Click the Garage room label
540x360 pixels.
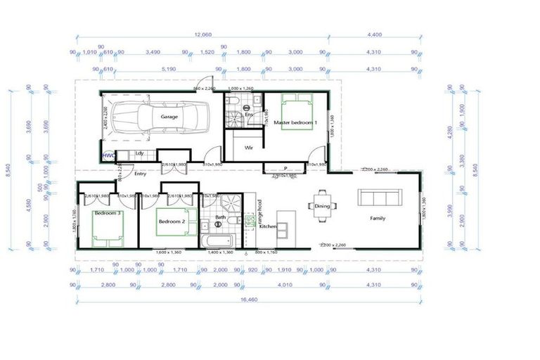tap(169, 117)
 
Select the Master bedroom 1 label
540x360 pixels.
tap(295, 123)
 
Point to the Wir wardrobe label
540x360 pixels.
tap(248, 148)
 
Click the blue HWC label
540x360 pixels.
tap(108, 155)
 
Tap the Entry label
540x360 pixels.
tap(140, 174)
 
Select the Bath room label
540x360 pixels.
tap(220, 217)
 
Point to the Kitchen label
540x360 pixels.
tap(268, 227)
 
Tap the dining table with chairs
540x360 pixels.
tap(322, 205)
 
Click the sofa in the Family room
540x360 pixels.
tap(378, 196)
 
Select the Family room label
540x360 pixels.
tap(378, 219)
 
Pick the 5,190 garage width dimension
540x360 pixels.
tap(168, 70)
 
